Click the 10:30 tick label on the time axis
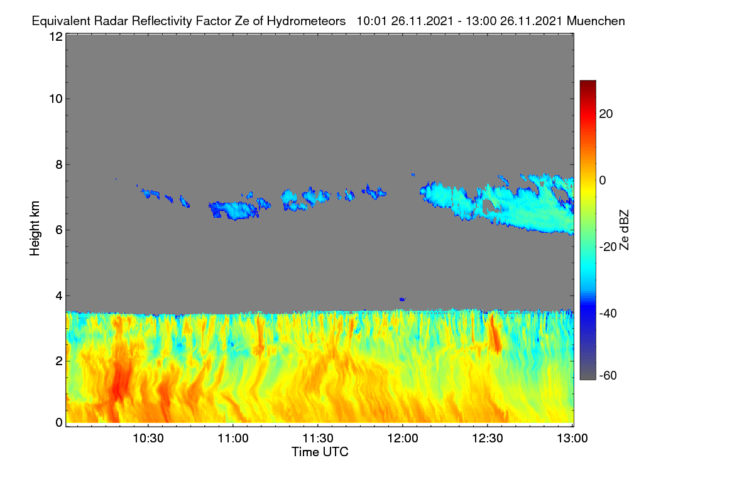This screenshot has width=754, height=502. click(148, 438)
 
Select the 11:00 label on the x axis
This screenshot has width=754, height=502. click(233, 438)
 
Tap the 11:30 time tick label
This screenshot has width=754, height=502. click(318, 438)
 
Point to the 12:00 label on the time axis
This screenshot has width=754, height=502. click(403, 438)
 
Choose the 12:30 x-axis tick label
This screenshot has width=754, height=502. click(488, 438)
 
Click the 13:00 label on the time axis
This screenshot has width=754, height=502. click(572, 438)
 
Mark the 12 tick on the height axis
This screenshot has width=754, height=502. click(56, 36)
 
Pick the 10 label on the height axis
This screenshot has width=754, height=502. click(56, 99)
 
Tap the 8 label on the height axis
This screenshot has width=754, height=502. click(59, 164)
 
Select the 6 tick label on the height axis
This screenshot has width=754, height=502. click(59, 230)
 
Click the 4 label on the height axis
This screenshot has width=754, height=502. click(59, 296)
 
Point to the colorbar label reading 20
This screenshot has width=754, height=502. click(606, 114)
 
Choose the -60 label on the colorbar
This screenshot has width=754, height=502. click(608, 375)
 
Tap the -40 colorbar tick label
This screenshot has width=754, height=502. click(608, 313)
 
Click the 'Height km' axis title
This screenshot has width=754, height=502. click(35, 228)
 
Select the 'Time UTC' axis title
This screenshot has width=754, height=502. click(320, 452)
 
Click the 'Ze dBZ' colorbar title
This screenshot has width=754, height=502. click(624, 230)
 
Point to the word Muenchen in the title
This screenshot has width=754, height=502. click(596, 21)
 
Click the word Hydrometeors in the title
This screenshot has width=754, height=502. click(306, 21)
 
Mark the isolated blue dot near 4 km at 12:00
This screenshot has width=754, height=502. click(402, 299)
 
